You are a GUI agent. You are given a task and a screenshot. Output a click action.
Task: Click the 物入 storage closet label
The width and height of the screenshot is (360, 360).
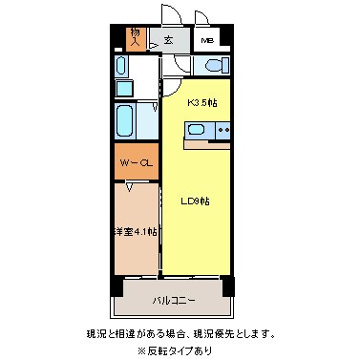pyautogui.click(x=135, y=38)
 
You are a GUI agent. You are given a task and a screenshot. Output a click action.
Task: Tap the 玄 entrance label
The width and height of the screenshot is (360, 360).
pyautogui.click(x=168, y=40)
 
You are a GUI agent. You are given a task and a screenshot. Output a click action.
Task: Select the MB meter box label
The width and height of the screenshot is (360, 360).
pyautogui.click(x=208, y=41)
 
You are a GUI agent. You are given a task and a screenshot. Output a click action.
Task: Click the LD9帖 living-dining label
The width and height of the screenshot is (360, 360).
pyautogui.click(x=196, y=201)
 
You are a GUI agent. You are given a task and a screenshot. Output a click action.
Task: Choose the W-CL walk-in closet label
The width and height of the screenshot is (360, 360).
pyautogui.click(x=136, y=164)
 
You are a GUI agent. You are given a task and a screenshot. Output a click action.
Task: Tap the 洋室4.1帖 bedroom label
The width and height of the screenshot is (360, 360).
pyautogui.click(x=136, y=232)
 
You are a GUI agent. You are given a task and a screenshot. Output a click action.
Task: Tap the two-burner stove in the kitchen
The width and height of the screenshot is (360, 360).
pyautogui.click(x=223, y=131)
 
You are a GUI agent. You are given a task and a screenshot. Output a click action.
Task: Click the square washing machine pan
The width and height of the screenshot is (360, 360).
pyautogui.click(x=124, y=89)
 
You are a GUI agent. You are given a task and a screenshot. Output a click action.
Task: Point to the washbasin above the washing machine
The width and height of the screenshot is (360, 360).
pyautogui.click(x=122, y=66)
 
